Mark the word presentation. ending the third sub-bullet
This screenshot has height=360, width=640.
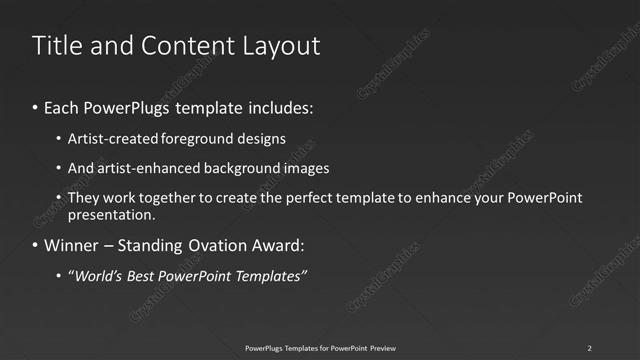click(x=112, y=215)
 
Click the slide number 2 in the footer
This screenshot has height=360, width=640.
click(x=589, y=347)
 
